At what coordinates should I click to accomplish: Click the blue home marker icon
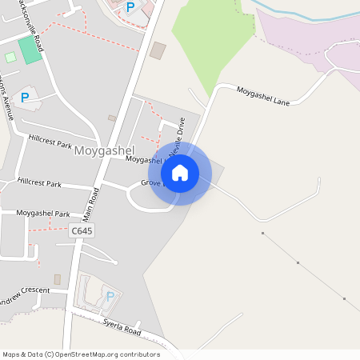[180, 173]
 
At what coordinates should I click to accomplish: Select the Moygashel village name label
[104, 150]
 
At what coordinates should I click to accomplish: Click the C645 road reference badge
[82, 230]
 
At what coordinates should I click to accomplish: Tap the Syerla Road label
[122, 327]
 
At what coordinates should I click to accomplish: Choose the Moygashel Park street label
[43, 214]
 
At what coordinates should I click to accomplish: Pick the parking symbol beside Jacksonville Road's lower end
[25, 98]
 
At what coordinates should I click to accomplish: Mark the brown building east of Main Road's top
[158, 50]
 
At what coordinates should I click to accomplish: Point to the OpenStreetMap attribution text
[81, 354]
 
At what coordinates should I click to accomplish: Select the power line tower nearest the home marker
[262, 233]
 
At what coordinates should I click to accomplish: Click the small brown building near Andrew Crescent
[58, 279]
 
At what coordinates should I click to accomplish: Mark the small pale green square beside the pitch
[10, 57]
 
